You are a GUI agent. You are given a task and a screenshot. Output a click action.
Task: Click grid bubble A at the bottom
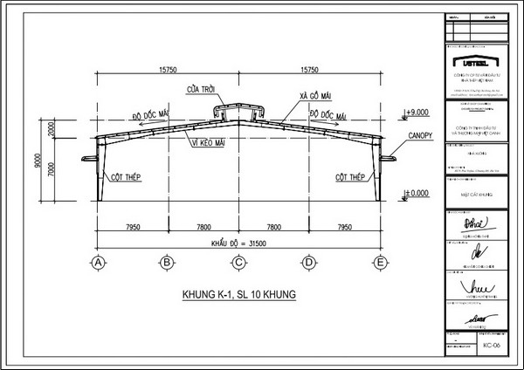pos(99,261)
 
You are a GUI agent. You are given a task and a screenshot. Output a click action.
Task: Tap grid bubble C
pos(238,261)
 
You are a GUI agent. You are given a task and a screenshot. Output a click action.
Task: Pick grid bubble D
pos(309,261)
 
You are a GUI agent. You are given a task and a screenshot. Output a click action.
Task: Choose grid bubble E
pos(379,261)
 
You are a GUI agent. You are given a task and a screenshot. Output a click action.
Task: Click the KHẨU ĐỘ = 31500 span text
pos(238,243)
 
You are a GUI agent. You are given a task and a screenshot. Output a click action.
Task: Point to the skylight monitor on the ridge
pos(236,112)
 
